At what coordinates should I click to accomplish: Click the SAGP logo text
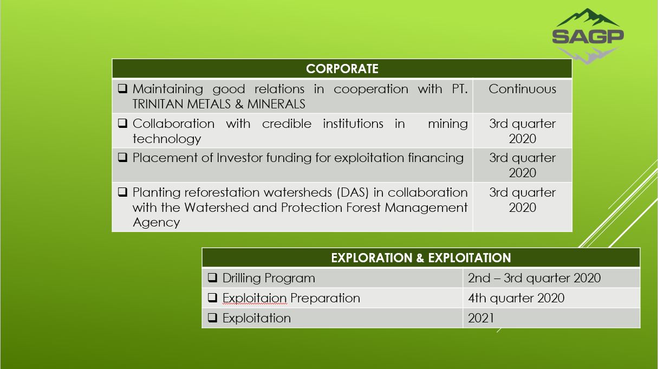pyautogui.click(x=588, y=36)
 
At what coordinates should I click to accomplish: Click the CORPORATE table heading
pyautogui.click(x=342, y=69)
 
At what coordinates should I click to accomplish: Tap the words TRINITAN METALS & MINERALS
pyautogui.click(x=219, y=104)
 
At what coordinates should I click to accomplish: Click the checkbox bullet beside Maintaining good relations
pyautogui.click(x=122, y=88)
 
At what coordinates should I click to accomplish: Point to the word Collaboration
pyautogui.click(x=173, y=124)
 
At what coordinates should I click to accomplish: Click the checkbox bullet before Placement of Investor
pyautogui.click(x=122, y=157)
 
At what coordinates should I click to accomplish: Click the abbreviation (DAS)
pyautogui.click(x=353, y=193)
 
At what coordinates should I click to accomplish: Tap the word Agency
pyautogui.click(x=156, y=223)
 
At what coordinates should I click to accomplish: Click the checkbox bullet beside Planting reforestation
pyautogui.click(x=122, y=192)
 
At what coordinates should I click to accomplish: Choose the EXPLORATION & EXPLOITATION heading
pyautogui.click(x=421, y=258)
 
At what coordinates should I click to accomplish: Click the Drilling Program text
pyautogui.click(x=269, y=278)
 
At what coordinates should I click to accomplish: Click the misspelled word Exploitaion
pyautogui.click(x=255, y=298)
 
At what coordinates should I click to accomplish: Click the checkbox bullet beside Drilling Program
pyautogui.click(x=212, y=277)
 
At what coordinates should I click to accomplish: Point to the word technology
pyautogui.click(x=167, y=139)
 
